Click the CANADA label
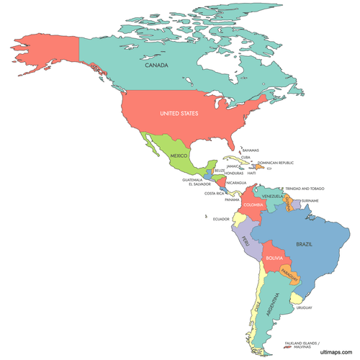[x=156, y=66]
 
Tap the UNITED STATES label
[x=179, y=113]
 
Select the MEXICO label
[x=179, y=156]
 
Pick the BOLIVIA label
[x=274, y=258]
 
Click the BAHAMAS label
[x=251, y=150]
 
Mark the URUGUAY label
[x=305, y=308]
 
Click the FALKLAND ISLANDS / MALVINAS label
[x=302, y=346]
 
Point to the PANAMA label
[x=232, y=199]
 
